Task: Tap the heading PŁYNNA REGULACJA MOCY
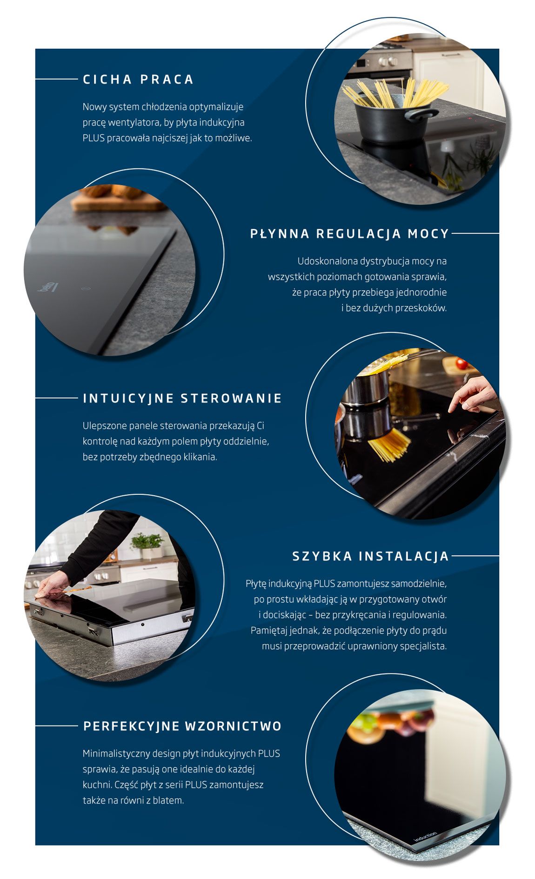click(349, 233)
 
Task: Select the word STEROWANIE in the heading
click(231, 398)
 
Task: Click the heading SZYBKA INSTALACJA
click(370, 556)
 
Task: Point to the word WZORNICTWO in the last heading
click(233, 726)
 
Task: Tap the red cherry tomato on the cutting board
click(461, 363)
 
